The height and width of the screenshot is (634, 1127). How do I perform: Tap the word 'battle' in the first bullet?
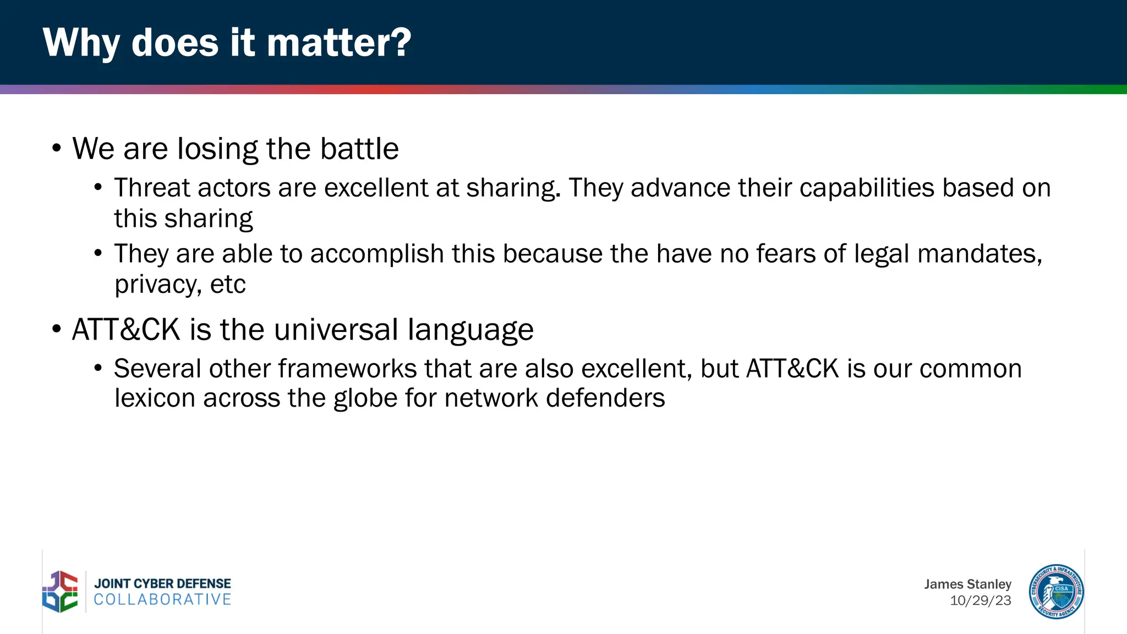click(359, 149)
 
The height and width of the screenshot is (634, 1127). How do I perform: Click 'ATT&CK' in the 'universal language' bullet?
click(126, 330)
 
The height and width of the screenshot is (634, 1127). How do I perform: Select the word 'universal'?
click(336, 330)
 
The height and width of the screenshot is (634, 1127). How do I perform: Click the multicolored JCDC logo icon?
click(60, 592)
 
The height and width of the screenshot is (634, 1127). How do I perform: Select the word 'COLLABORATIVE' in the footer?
click(163, 599)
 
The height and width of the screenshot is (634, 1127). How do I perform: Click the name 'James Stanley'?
click(967, 584)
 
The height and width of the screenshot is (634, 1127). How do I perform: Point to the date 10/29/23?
click(980, 600)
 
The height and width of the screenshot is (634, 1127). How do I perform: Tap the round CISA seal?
click(1056, 592)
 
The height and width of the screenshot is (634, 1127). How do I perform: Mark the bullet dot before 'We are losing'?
click(56, 149)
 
